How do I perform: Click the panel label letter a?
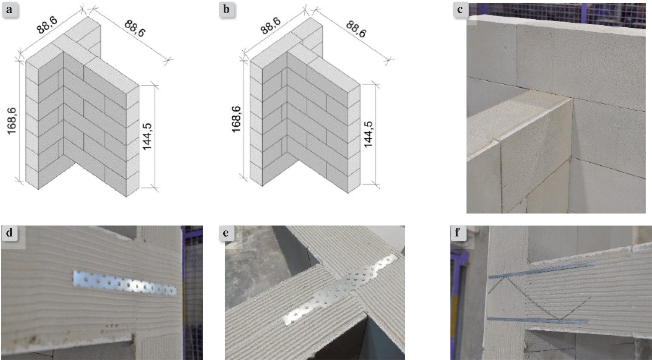click(x=9, y=9)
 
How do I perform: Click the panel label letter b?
click(x=226, y=9)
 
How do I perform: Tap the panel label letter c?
click(x=460, y=9)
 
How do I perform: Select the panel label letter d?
click(x=9, y=233)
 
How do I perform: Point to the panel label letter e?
click(x=226, y=233)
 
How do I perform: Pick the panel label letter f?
click(x=457, y=233)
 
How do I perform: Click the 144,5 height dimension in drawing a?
click(x=147, y=136)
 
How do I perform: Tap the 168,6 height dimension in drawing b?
click(x=237, y=119)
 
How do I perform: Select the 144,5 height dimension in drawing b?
click(x=368, y=134)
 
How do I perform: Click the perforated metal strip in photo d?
click(x=125, y=283)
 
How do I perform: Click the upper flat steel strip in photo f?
click(x=542, y=269)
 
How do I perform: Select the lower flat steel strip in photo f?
click(x=537, y=320)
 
